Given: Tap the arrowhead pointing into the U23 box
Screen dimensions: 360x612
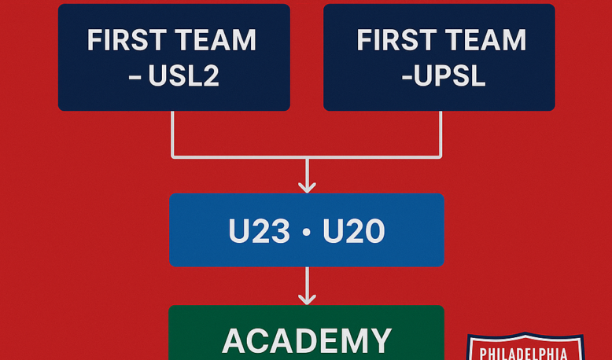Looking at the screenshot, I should (x=307, y=187).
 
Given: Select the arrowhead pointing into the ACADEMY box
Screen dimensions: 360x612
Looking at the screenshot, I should (x=307, y=299).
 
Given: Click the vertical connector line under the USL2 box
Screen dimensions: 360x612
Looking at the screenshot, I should (x=172, y=134).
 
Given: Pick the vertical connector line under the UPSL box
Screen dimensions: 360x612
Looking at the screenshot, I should (x=441, y=134).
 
